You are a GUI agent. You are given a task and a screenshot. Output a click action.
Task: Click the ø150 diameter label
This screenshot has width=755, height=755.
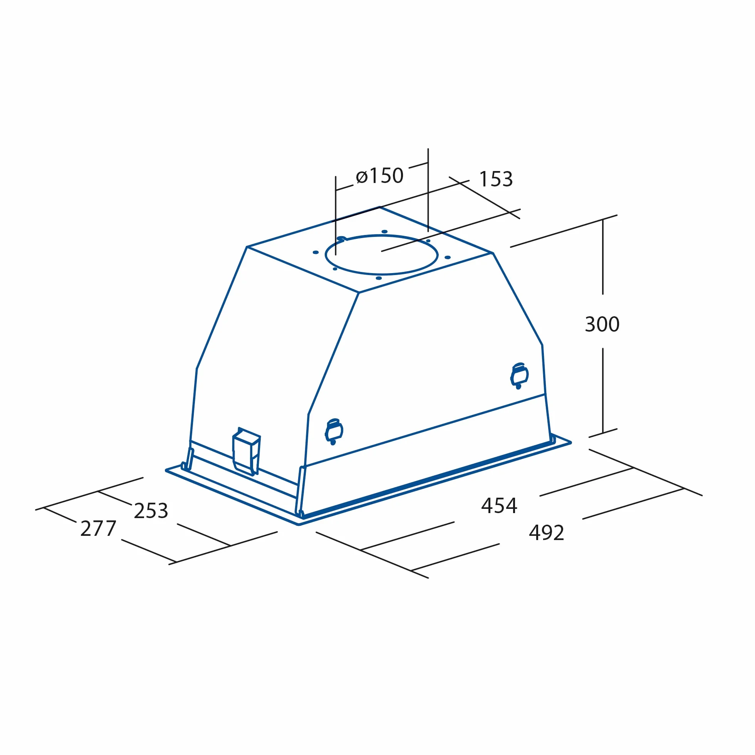coord(379,176)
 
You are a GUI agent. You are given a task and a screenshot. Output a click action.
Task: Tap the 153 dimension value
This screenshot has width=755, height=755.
coord(496,179)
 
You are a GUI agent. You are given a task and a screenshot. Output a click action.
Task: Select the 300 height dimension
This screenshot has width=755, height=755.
coord(602,324)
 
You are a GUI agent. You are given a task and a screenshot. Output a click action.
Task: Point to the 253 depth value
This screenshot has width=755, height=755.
coord(151,510)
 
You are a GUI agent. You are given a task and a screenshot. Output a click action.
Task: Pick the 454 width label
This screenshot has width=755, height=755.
coord(499,505)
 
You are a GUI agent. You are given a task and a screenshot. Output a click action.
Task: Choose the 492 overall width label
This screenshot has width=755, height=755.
coord(546,532)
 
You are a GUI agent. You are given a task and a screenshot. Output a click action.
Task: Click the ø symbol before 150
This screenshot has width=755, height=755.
coord(362,177)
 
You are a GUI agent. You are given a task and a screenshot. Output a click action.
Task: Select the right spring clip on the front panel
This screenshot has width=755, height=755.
coord(519,376)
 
